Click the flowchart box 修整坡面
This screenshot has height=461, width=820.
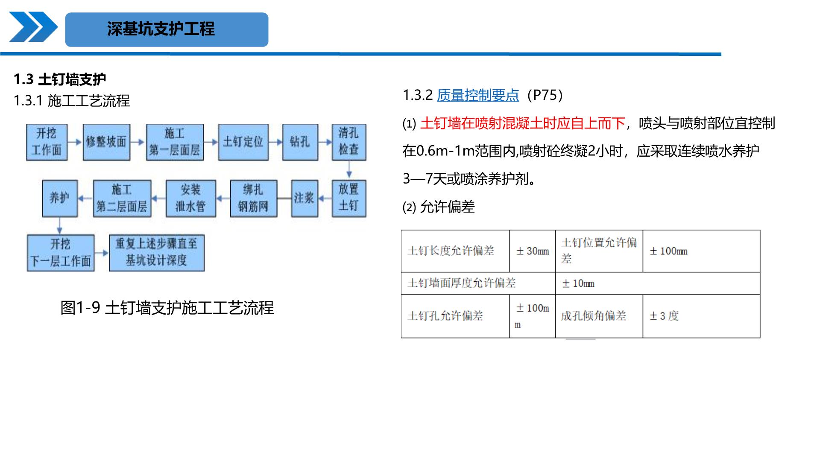106,142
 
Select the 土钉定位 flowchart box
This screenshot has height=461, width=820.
243,142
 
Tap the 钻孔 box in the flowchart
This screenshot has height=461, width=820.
300,142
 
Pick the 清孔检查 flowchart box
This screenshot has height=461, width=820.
349,142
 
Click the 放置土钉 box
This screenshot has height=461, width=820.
349,198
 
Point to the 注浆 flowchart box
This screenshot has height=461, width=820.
305,198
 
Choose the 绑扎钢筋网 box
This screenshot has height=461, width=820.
253,198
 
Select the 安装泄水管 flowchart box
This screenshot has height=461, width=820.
191,198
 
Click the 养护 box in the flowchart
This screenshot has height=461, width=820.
60,198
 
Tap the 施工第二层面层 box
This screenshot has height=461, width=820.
122,198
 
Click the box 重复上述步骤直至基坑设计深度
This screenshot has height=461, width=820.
157,253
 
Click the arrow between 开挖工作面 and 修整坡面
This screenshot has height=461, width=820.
75,142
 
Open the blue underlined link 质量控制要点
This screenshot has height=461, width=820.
478,95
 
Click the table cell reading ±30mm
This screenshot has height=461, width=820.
533,251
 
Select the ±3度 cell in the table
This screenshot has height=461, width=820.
701,316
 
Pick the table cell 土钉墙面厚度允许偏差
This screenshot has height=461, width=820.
478,283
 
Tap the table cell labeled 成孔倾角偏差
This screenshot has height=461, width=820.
599,316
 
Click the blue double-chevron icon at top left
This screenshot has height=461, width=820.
33,27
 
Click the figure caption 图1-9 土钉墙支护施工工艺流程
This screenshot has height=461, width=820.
167,308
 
